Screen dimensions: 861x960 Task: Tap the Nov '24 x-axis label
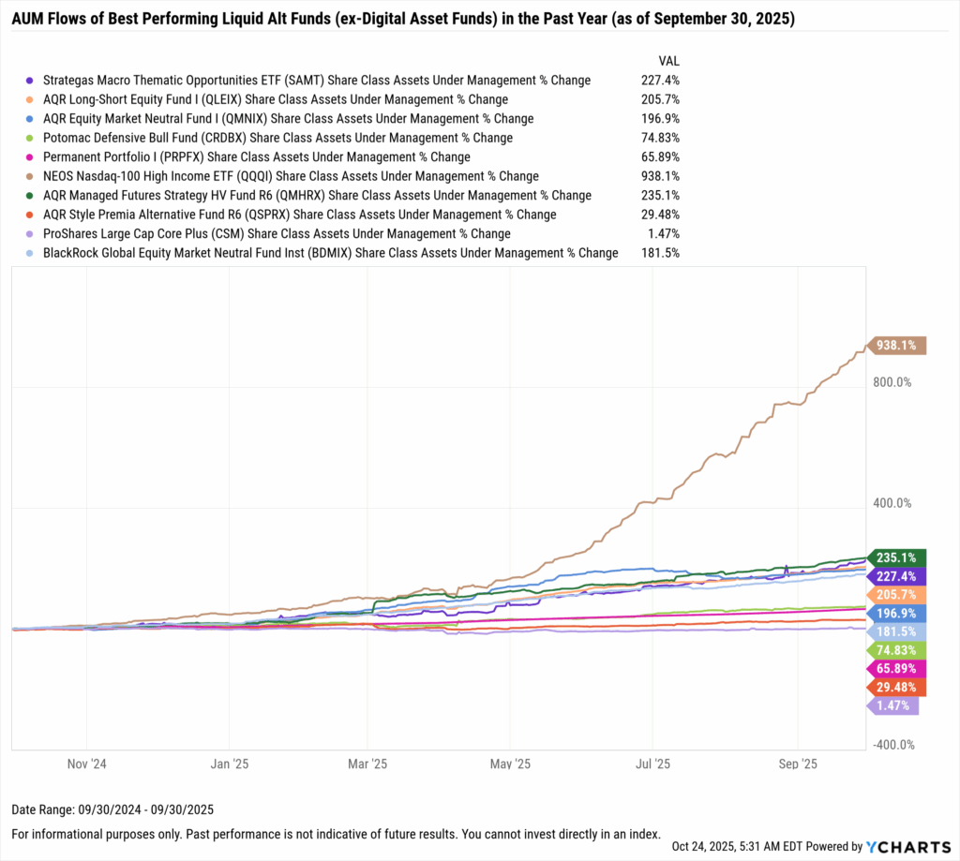(x=86, y=764)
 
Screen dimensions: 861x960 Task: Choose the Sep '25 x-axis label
(x=797, y=764)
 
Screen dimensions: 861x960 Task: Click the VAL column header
(x=669, y=60)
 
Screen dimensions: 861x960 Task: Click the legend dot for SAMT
(x=31, y=81)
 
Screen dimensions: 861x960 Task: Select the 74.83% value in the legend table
(x=660, y=138)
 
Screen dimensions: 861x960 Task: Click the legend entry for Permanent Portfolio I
(x=256, y=156)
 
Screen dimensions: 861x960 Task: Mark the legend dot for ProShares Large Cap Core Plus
(x=31, y=234)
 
